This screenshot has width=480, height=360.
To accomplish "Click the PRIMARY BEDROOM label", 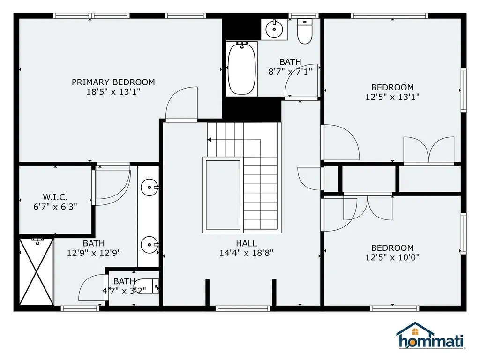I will [113, 82].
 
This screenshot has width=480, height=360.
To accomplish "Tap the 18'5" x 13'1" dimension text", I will [113, 92].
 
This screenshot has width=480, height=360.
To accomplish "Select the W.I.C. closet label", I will [55, 197].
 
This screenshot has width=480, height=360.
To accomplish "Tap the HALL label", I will [246, 243].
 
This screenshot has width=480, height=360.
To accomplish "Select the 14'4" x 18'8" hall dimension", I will [246, 253].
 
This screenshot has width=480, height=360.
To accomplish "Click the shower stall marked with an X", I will [37, 271].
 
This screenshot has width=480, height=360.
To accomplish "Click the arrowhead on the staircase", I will [210, 139].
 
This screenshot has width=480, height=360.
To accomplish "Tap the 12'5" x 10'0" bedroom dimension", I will [392, 257].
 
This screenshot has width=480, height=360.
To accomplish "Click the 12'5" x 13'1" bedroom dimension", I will [392, 97].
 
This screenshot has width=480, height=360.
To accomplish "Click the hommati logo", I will [430, 336].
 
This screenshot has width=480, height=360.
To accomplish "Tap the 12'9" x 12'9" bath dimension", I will [94, 253].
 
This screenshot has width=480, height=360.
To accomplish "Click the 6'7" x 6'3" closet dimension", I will [55, 206].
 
